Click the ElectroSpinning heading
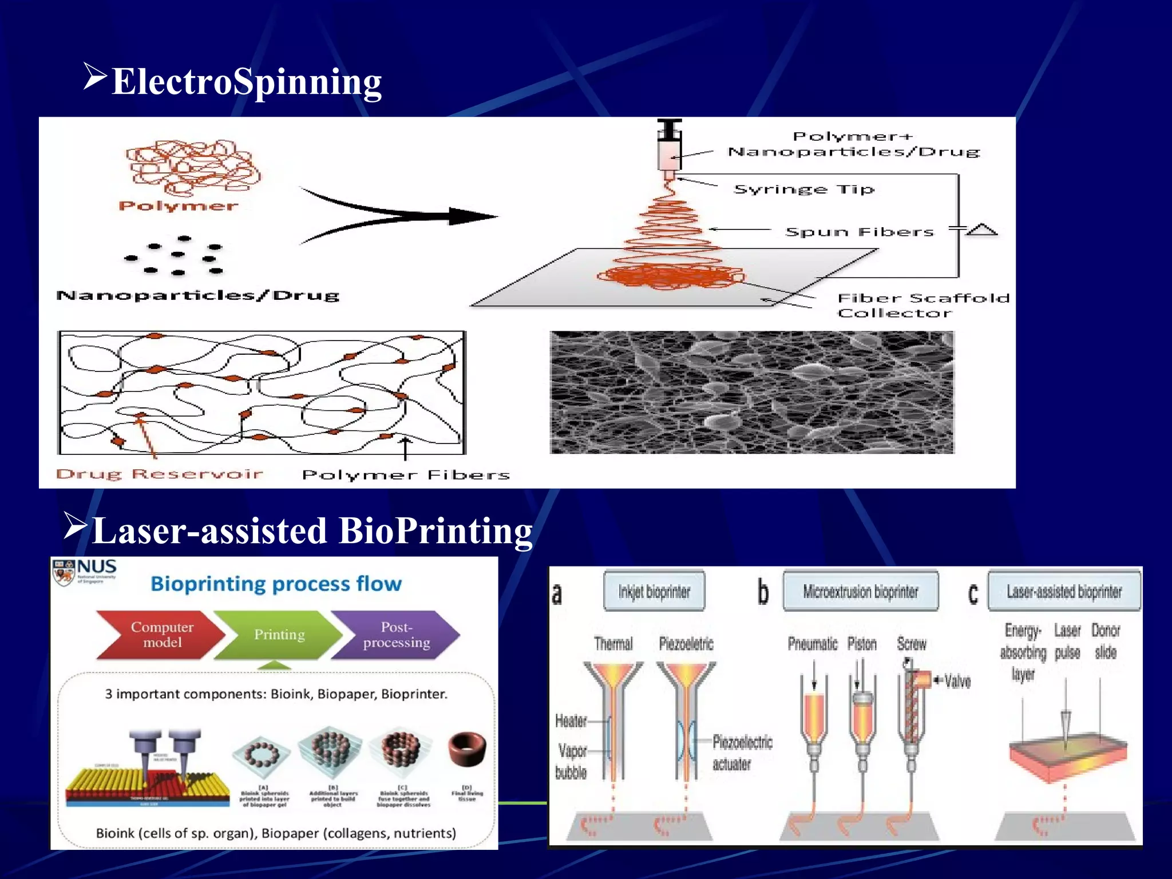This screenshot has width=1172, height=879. click(x=246, y=82)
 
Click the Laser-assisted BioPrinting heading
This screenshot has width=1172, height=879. click(x=312, y=530)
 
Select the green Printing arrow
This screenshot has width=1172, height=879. click(x=279, y=635)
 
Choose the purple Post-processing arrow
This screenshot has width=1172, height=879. click(x=396, y=635)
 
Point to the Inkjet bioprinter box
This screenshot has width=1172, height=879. click(x=654, y=591)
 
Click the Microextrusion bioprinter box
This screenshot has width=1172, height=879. click(x=860, y=591)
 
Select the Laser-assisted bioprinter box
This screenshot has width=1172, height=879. click(x=1064, y=591)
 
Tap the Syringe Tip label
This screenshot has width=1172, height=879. click(x=804, y=189)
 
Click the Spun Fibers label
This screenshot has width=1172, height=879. click(x=859, y=232)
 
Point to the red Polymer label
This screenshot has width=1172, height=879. click(x=178, y=206)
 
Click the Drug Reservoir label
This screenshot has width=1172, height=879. click(x=160, y=474)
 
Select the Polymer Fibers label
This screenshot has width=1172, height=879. click(x=405, y=475)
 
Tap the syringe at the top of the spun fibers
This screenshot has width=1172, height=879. click(x=669, y=146)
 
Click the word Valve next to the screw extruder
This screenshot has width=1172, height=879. click(x=957, y=681)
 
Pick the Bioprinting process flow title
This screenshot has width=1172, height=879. click(x=276, y=584)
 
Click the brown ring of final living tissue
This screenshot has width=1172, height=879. click(x=468, y=749)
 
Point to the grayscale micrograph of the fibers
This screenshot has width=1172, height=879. click(x=752, y=393)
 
